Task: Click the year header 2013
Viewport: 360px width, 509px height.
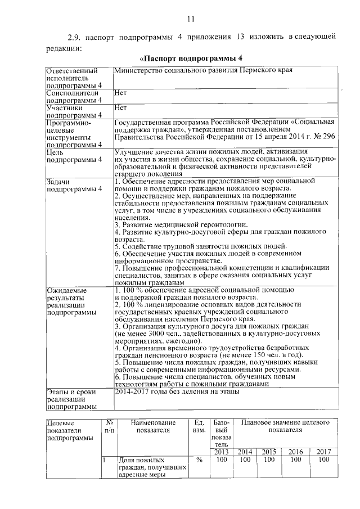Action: (x=220, y=452)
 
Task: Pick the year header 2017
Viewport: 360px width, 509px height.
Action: (x=323, y=452)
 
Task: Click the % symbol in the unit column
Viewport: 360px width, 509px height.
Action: (x=199, y=460)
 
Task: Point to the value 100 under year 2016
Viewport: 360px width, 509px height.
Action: (x=295, y=460)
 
